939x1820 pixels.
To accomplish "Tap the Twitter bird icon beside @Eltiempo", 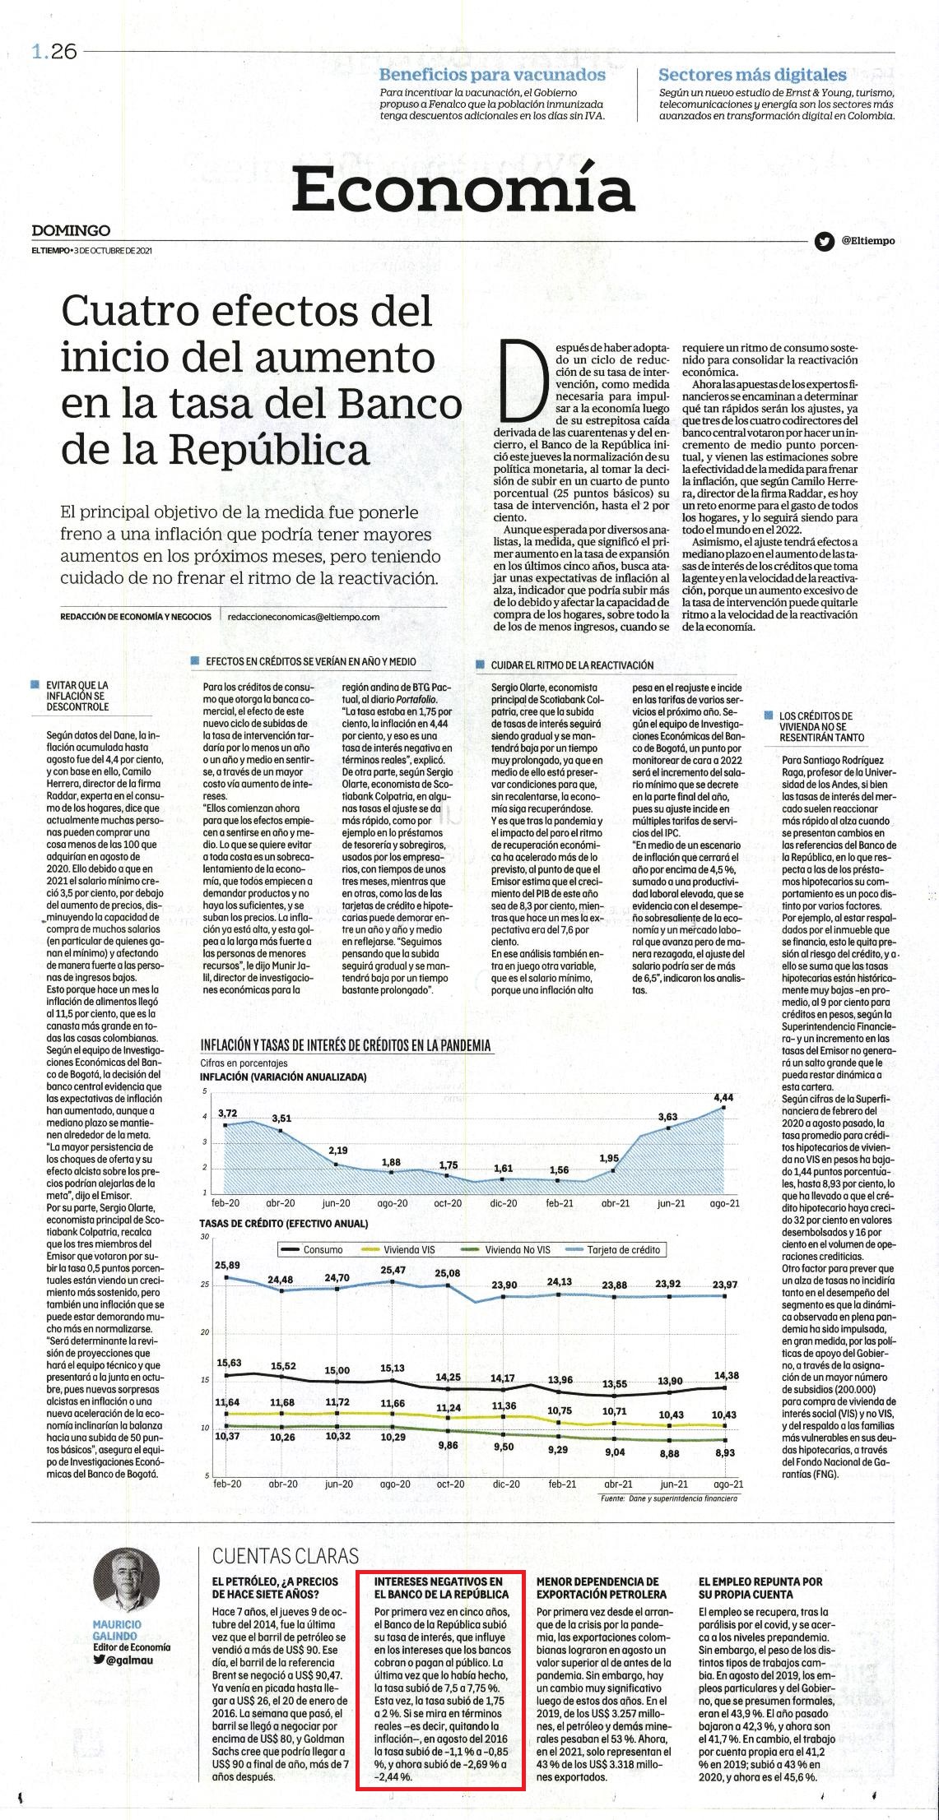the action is pos(823,241).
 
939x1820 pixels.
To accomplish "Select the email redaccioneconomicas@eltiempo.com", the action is pos(303,616).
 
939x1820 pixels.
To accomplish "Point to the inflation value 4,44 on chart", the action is pos(723,1097).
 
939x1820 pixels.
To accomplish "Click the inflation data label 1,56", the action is pos(559,1169).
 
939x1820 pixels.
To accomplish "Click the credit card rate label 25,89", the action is pos(227,1264).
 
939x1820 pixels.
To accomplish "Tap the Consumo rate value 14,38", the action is pos(725,1374).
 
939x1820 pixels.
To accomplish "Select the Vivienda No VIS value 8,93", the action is pos(725,1452).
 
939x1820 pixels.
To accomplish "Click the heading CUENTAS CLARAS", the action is pos(286,1555).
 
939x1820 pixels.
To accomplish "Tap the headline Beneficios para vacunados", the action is pos(492,75).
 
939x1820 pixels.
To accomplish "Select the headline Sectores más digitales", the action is pos(752,75).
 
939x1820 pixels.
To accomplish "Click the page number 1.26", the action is pos(54,51).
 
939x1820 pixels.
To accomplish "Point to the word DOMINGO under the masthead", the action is pos(71,231).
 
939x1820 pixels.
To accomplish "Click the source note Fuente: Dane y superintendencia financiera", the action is pos(669,1498).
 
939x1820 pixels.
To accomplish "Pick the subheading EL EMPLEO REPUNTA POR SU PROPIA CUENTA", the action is pos(760,1586).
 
